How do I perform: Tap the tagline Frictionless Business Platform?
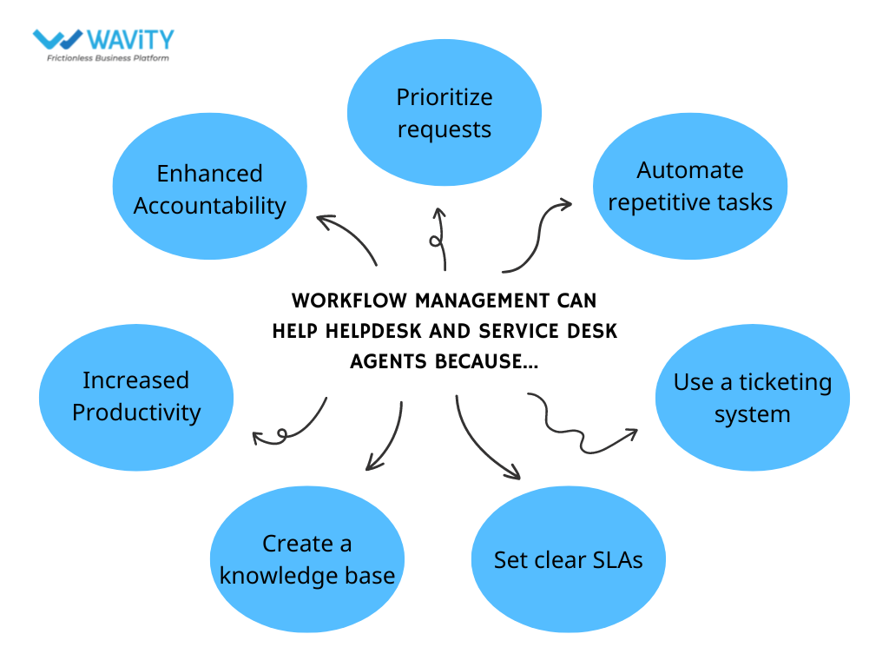[108, 58]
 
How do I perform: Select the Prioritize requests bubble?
[444, 113]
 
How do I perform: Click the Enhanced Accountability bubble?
[210, 189]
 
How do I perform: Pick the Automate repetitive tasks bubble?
[690, 186]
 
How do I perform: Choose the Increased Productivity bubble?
[136, 396]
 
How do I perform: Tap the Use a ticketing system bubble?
[752, 398]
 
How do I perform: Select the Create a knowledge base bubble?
[307, 559]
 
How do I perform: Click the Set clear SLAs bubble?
[568, 560]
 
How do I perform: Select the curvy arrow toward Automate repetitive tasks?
[538, 234]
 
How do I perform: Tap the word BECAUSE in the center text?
[483, 360]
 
